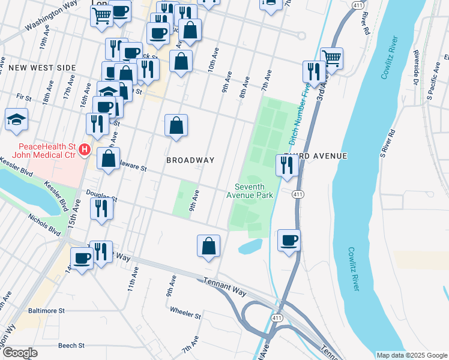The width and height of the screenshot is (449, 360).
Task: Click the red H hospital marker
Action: tap(85, 149)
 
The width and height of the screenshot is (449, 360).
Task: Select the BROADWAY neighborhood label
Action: tap(190, 160)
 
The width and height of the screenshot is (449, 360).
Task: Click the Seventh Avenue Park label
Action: tap(250, 190)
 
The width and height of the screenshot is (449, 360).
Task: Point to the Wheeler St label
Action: tap(185, 312)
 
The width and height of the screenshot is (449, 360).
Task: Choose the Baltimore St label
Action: tap(46, 311)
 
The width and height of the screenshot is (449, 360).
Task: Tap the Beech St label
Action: tap(71, 346)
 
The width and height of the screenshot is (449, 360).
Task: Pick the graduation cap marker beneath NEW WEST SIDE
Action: tap(16, 119)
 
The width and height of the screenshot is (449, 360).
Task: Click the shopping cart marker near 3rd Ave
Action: tap(331, 58)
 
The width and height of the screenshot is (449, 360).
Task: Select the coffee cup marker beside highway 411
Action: tap(289, 240)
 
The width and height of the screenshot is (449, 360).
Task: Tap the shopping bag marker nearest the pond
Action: tap(208, 245)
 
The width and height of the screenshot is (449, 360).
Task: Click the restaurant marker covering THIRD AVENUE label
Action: tap(287, 165)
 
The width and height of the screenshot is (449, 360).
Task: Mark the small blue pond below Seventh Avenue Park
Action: tap(250, 246)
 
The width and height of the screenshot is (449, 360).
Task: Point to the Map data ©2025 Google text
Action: tap(411, 355)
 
